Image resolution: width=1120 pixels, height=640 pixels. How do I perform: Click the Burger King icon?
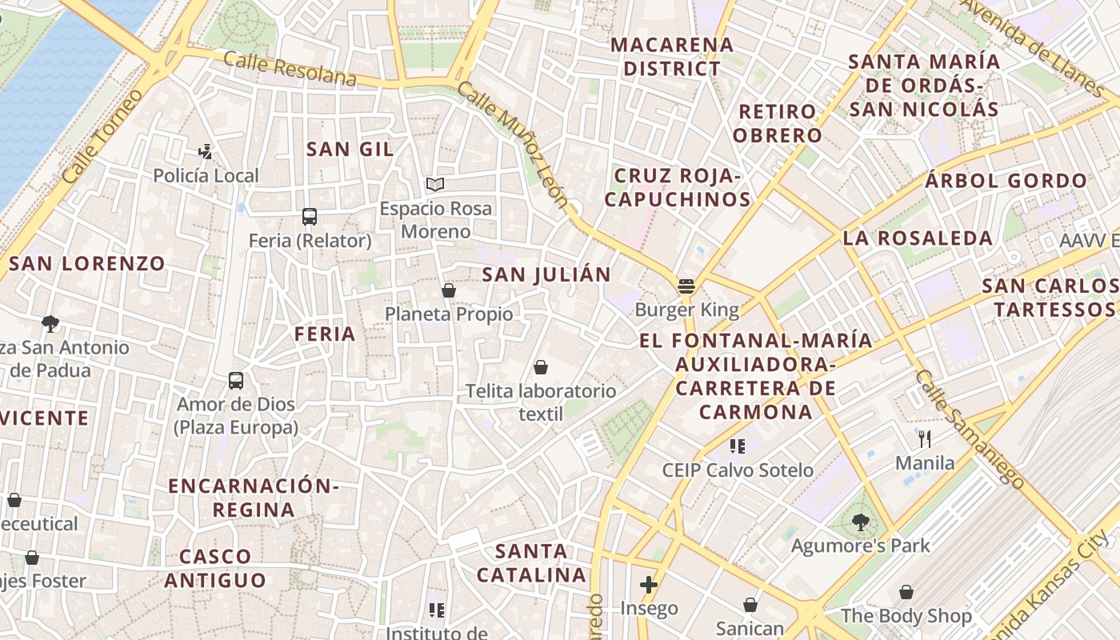(x=686, y=286)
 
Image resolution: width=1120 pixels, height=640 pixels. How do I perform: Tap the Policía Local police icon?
(x=206, y=150)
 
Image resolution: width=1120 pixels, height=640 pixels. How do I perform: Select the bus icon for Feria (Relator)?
(x=310, y=216)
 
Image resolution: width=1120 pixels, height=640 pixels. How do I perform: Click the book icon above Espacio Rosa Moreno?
(x=434, y=185)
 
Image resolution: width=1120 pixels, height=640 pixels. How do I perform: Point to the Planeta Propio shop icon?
(x=449, y=290)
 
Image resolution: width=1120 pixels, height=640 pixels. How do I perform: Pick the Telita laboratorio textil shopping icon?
(x=541, y=367)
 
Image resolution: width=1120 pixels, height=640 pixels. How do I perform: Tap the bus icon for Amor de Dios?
(x=236, y=380)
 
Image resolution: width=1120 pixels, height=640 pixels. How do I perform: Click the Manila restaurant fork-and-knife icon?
(x=925, y=438)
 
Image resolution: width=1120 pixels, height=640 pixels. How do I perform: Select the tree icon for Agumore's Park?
(x=860, y=522)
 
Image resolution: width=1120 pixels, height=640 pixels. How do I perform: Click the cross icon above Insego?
(x=649, y=585)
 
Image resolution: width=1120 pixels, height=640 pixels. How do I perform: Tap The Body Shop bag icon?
(x=906, y=592)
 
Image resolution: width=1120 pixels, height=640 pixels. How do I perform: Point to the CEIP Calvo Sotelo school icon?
(x=738, y=446)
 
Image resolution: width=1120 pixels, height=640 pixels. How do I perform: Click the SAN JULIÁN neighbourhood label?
(x=546, y=274)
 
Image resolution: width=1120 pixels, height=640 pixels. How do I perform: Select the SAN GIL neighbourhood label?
(x=350, y=149)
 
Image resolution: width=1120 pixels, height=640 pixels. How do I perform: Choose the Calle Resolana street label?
(x=290, y=68)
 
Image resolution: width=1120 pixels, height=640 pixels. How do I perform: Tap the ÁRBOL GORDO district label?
(x=1006, y=180)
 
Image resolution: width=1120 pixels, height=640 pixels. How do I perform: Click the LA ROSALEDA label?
(x=918, y=238)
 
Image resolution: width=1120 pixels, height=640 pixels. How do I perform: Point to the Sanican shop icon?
(x=750, y=605)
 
